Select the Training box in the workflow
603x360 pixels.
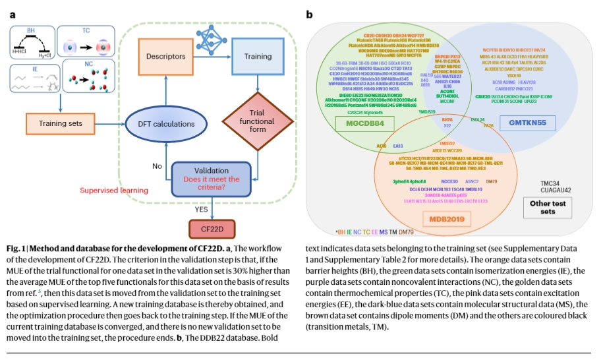[x=258, y=57]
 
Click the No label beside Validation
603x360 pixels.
[x=157, y=166]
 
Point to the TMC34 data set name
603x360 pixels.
[x=551, y=183]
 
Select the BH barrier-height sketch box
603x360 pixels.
[x=31, y=43]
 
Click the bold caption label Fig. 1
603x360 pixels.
[x=18, y=248]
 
